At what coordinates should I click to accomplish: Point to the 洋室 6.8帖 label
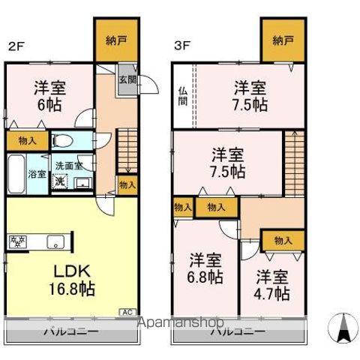pos(205,268)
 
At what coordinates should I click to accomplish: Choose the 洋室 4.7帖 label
pos(271,284)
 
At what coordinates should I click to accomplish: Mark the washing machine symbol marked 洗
pos(59,179)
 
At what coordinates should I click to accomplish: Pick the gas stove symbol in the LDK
pos(18,242)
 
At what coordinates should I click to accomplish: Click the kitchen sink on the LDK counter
pos(55,242)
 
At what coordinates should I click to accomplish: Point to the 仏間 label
pos(182,97)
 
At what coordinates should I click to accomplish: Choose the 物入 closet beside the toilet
pos(22,139)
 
